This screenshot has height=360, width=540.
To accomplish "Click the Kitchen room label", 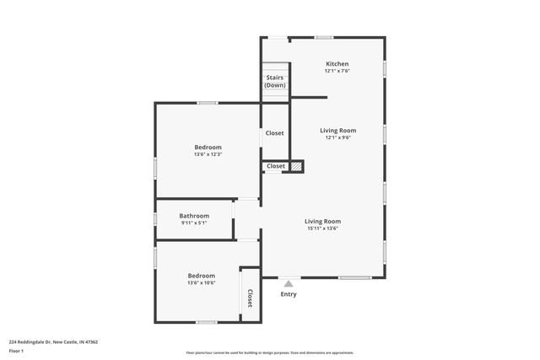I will point(337,64).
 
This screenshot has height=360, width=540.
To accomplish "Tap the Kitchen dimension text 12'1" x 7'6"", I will point(337,71).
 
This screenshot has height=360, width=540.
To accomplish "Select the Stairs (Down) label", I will point(274,82).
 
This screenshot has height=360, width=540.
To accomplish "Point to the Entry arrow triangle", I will point(289,284).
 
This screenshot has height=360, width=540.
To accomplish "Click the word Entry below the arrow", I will point(289,294).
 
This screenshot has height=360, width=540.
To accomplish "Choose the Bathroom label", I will point(194,216).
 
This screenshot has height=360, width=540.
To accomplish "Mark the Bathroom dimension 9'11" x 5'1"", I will point(194,223).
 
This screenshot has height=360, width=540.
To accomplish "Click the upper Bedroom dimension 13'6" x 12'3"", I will point(208,154).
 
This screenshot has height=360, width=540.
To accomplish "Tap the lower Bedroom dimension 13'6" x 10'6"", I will point(201,282).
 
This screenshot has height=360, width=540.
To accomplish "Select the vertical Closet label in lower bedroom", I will point(250,298).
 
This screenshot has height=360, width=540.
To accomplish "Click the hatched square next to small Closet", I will point(296,166).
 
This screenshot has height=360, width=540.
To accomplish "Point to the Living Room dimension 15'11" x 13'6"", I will point(322,228).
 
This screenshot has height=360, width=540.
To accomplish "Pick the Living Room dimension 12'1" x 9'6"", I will point(337,137).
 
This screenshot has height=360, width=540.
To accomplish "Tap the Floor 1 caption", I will point(17,350).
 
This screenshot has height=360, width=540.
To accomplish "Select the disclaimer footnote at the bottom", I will point(269,352).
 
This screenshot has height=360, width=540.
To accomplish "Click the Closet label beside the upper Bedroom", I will point(275,133).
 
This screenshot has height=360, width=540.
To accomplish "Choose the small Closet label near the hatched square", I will point(276,166).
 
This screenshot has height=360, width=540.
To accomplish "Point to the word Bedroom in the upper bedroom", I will point(208,148).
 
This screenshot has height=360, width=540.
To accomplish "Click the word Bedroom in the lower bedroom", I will point(201,276).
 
